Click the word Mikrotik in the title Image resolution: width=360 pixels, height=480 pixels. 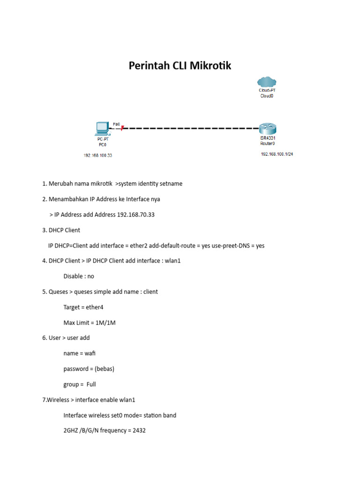tap(210, 66)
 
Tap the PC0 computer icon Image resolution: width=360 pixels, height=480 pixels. tap(102, 127)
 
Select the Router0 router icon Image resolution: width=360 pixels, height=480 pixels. tap(268, 128)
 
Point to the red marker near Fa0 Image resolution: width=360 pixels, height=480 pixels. tap(122, 127)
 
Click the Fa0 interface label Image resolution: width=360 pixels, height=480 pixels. tap(116, 124)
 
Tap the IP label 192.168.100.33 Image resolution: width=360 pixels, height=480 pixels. tap(98, 156)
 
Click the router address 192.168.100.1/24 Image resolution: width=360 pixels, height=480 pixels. tap(277, 154)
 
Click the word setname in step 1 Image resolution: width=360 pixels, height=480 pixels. tap(171, 184)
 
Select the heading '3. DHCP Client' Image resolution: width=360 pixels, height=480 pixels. tap(61, 230)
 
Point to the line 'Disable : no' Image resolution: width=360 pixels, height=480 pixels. tap(79, 276)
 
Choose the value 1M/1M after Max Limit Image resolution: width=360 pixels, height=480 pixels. tap(106, 322)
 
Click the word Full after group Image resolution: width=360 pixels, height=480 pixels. tap(91, 384)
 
